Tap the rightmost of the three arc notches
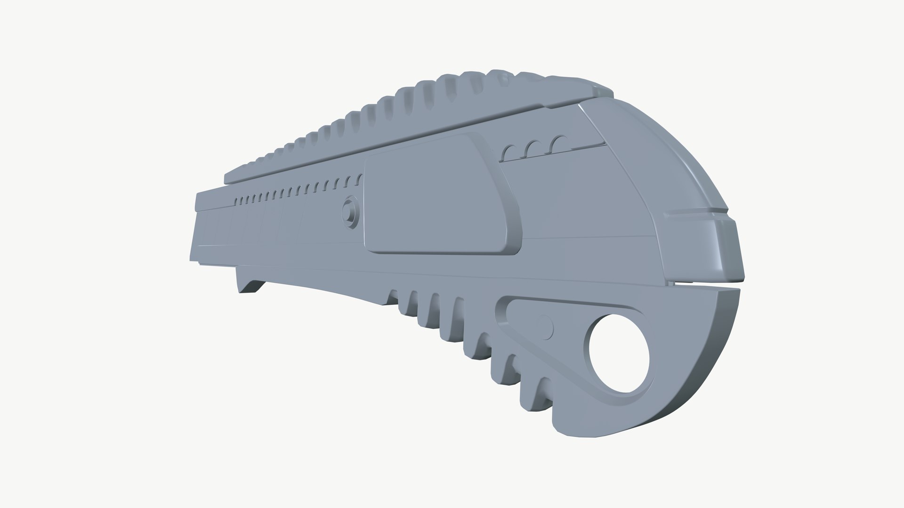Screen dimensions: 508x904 (560, 143)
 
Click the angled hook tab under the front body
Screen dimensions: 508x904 (250, 286)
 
